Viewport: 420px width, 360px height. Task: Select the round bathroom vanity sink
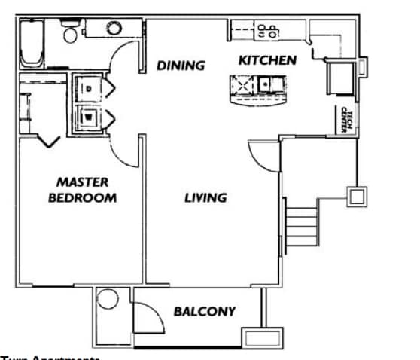click(114, 29)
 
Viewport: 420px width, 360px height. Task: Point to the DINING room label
click(181, 66)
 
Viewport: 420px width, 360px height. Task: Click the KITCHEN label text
click(267, 60)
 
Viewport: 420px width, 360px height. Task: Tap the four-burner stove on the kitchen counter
click(267, 32)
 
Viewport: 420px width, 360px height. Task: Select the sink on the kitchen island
click(267, 85)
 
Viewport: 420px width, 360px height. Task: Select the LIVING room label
click(205, 198)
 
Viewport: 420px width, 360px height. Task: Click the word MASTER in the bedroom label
click(83, 182)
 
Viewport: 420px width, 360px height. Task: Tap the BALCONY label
click(204, 311)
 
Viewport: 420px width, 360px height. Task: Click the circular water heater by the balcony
click(108, 300)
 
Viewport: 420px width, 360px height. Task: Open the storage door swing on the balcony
click(147, 316)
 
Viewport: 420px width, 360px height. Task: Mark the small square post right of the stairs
click(356, 196)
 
